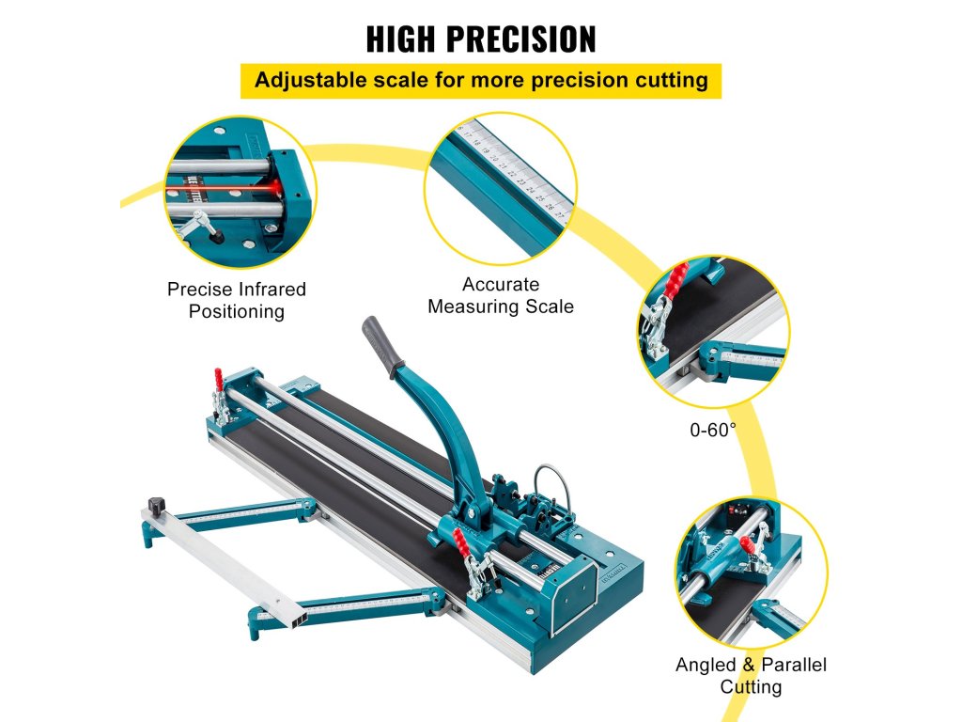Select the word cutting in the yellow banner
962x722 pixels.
click(x=667, y=80)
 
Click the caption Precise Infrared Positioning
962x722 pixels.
click(x=236, y=300)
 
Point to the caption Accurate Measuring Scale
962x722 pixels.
click(x=500, y=295)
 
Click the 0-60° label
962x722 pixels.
click(x=713, y=428)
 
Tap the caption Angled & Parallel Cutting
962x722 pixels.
click(x=751, y=675)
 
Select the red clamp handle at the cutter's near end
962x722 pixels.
click(x=460, y=540)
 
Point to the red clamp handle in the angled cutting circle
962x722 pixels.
click(x=749, y=544)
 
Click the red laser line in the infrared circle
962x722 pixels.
click(x=225, y=191)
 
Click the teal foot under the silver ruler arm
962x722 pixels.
click(x=147, y=538)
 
